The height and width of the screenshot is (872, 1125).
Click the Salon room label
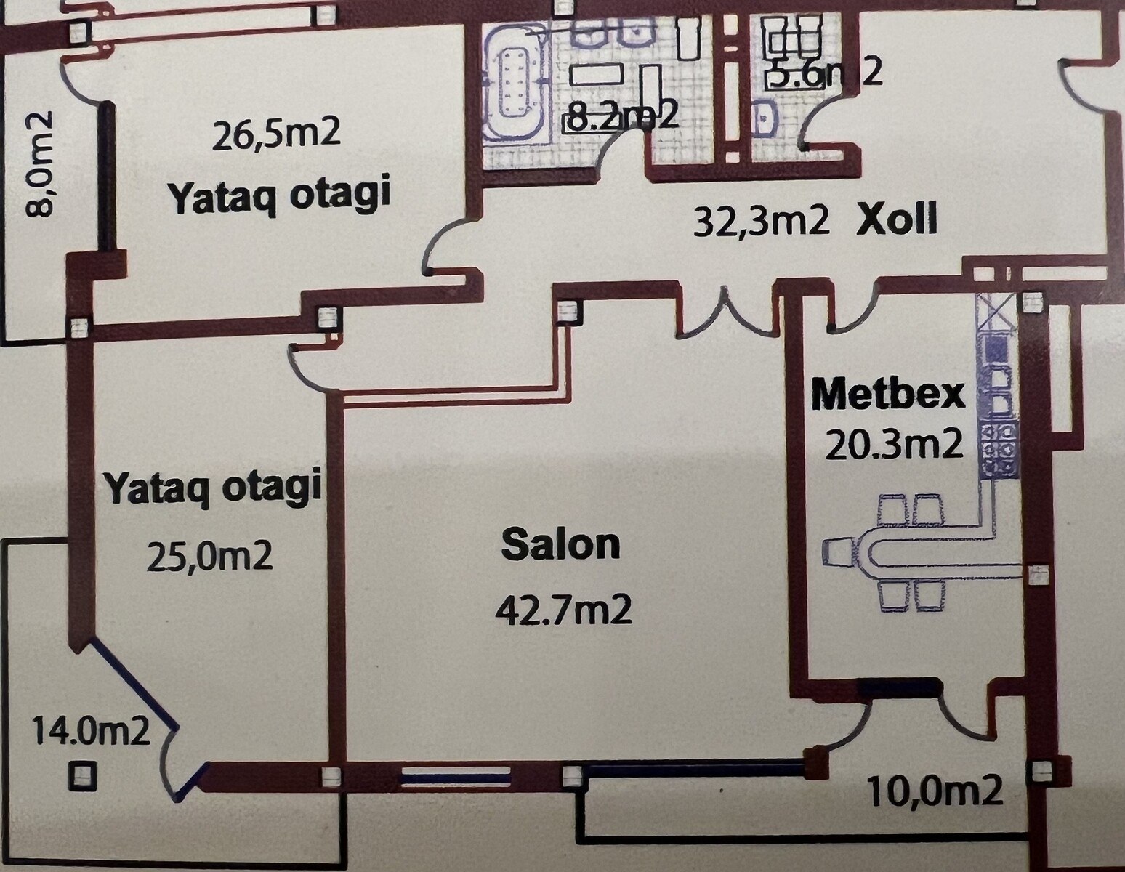561,545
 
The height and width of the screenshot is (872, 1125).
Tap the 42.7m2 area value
564,611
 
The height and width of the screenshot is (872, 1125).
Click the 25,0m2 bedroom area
209,557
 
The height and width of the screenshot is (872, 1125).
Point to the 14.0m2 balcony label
91,732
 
